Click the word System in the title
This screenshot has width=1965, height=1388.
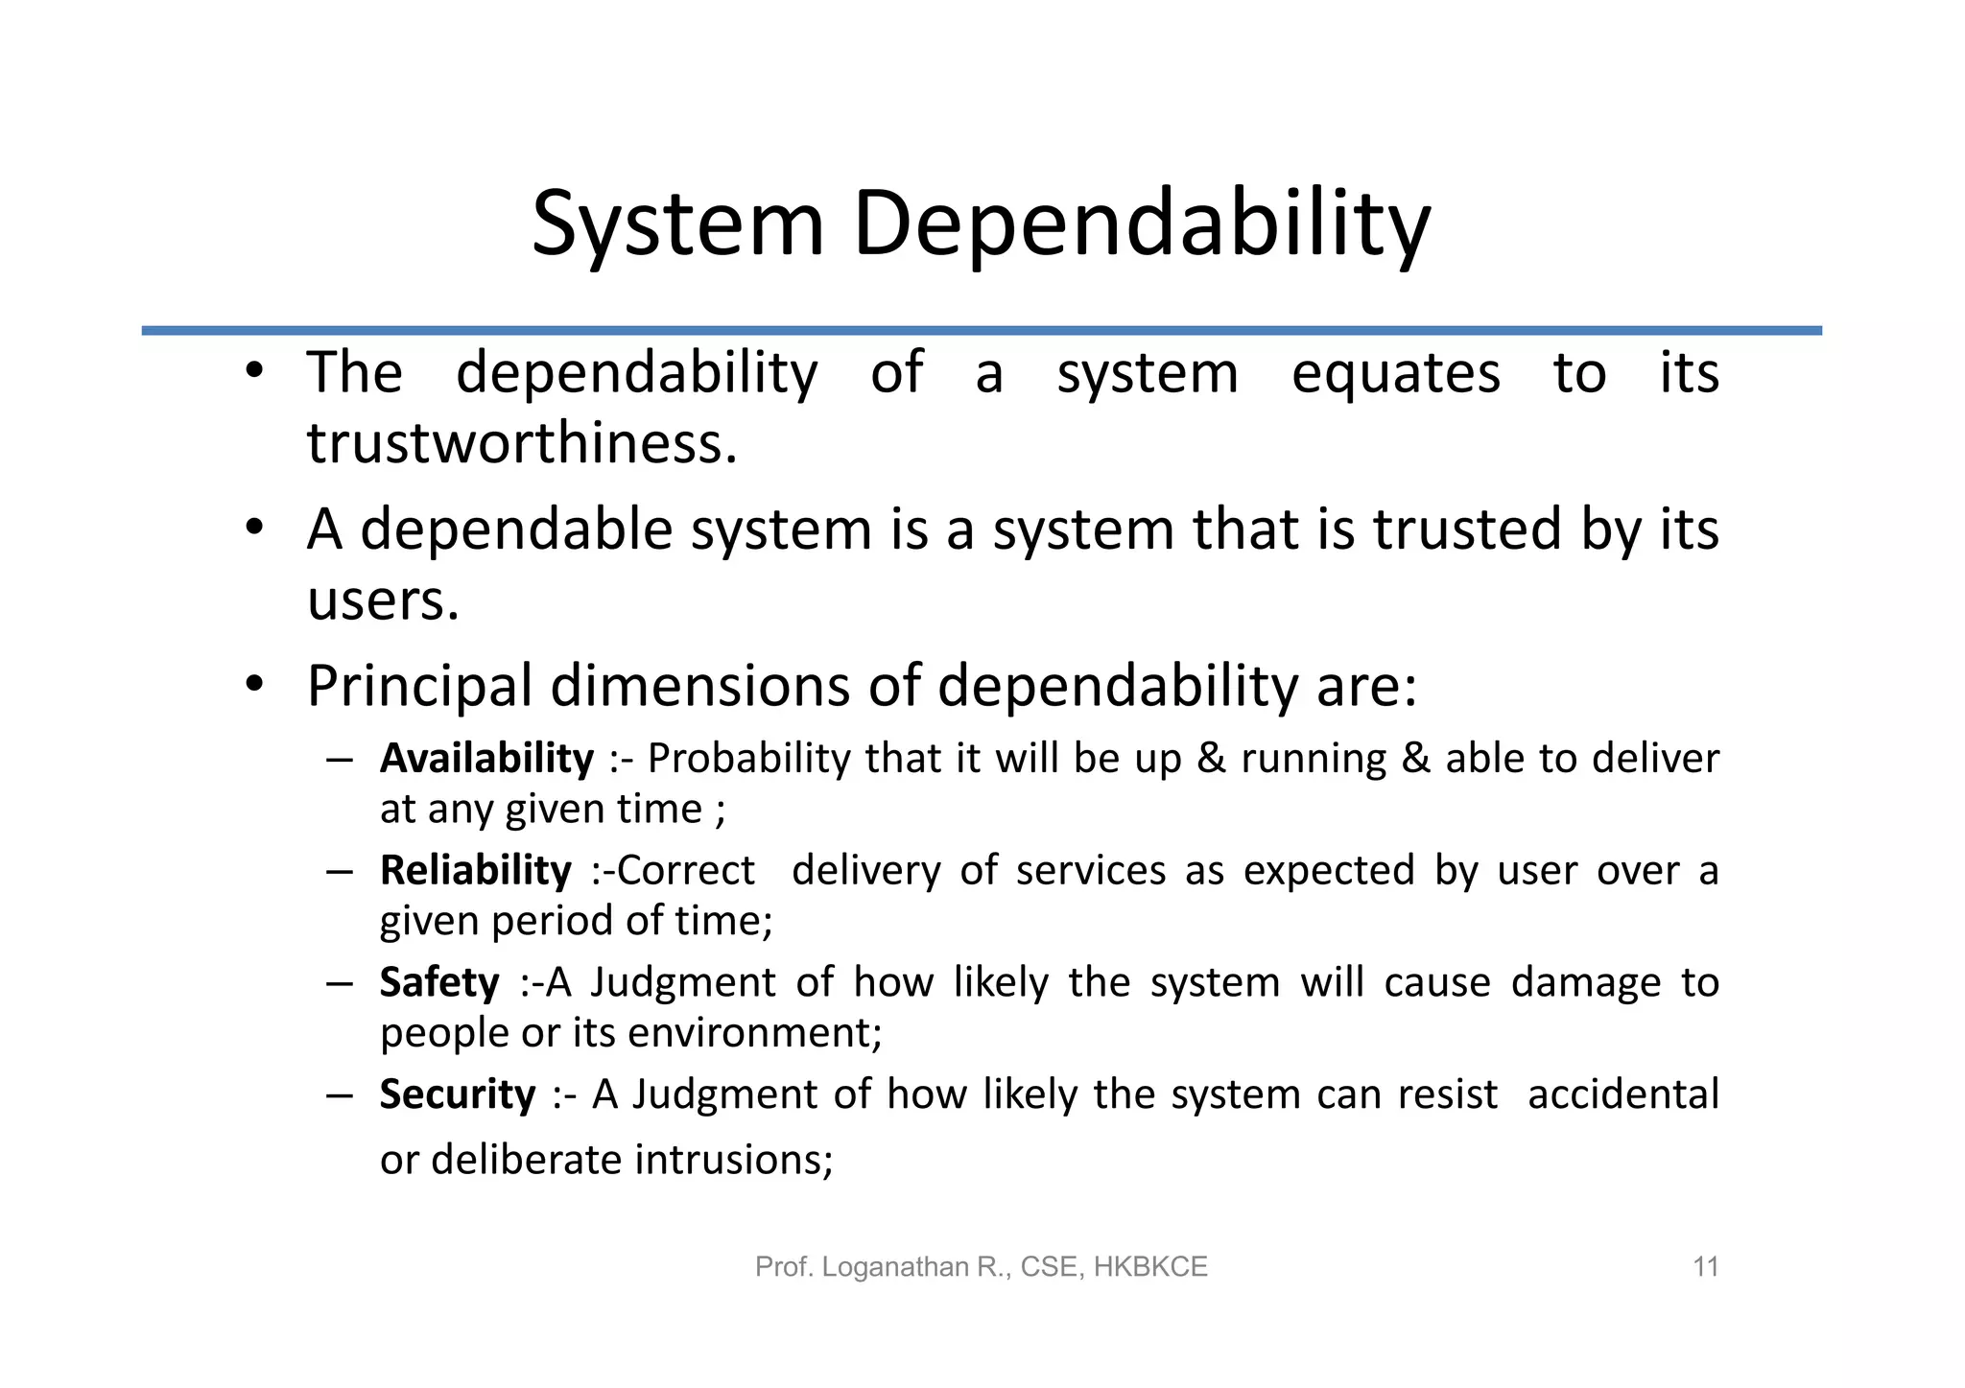(x=677, y=224)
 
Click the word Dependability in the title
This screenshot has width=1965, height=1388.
(x=1141, y=224)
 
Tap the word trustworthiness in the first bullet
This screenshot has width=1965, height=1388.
(x=521, y=444)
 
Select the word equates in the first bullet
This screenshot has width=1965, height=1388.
(x=1395, y=373)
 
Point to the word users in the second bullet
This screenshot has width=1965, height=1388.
(x=382, y=601)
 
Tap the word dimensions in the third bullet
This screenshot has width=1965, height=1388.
(x=699, y=687)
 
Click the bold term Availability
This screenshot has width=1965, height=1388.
(x=486, y=759)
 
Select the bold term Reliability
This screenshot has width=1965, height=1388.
(x=475, y=871)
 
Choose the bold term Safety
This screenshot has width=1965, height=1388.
(x=439, y=983)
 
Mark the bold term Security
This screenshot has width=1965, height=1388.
(x=458, y=1094)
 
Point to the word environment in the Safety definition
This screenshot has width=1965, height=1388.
(x=753, y=1033)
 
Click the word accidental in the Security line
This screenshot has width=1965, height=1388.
(x=1622, y=1094)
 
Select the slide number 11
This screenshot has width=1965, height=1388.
(x=1705, y=1267)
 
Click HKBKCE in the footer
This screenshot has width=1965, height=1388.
(x=1150, y=1267)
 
